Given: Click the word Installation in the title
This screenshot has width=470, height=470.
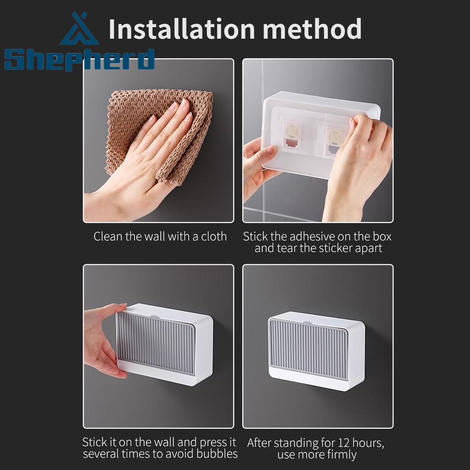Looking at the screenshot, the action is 182,29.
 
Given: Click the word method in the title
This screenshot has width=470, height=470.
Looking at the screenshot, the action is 312,29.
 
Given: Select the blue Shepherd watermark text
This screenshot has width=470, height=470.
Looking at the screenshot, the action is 79,60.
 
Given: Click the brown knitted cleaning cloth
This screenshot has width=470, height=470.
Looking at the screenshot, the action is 159,135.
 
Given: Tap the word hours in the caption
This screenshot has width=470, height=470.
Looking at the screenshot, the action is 368,443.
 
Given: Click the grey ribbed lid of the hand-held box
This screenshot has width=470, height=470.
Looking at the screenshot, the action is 155,344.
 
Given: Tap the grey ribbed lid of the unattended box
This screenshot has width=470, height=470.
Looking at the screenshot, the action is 308,349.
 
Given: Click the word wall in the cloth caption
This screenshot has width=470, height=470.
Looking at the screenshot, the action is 155,236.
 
